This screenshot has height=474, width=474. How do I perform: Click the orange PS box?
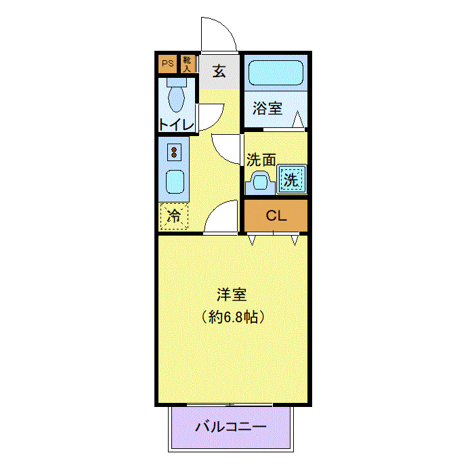click(x=167, y=64)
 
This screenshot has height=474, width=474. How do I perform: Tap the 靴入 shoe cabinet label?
click(x=187, y=64)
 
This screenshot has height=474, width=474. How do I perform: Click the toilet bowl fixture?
click(x=176, y=97)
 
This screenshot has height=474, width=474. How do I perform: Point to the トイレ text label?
click(x=177, y=125)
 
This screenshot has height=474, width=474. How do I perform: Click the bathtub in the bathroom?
click(x=276, y=72)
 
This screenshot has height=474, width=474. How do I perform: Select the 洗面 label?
click(x=261, y=160)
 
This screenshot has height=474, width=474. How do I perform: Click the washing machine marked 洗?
click(x=290, y=181)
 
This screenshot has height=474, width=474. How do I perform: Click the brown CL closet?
click(x=276, y=216)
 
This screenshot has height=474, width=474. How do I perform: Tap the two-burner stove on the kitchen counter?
click(x=175, y=152)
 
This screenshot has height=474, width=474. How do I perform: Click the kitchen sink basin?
click(x=175, y=181)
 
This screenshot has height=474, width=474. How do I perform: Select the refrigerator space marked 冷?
click(x=174, y=217)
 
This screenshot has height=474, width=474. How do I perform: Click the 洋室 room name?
click(x=232, y=295)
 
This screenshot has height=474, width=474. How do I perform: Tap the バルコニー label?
click(x=231, y=427)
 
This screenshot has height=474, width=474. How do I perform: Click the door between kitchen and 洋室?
click(x=221, y=219)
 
